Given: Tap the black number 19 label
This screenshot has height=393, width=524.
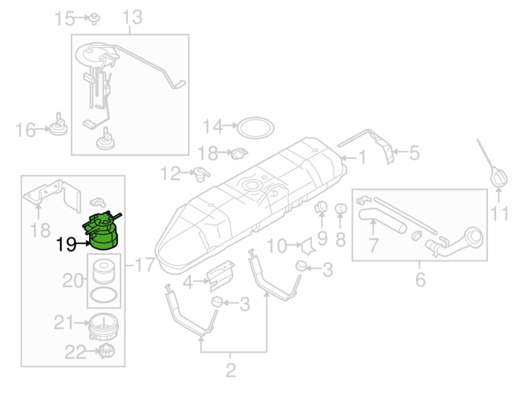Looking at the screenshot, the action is (x=67, y=245).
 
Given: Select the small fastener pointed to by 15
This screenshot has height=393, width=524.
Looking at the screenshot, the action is (x=95, y=19).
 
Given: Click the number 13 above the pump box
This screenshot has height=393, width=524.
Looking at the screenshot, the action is (x=133, y=17).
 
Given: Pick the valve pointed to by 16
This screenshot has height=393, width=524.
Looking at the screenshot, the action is (x=59, y=125).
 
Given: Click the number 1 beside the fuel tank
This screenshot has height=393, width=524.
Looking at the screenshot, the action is (x=362, y=157).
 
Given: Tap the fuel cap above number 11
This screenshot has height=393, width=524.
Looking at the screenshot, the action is (x=499, y=177).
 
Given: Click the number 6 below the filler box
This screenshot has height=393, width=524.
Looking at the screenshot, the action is (x=420, y=279).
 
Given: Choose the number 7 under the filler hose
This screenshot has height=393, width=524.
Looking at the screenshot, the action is (x=373, y=246).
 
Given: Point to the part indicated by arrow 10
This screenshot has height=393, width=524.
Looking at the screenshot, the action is (x=308, y=246).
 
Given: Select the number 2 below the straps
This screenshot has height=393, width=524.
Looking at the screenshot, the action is (x=231, y=370).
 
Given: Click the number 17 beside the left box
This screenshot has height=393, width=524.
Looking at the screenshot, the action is (x=145, y=265).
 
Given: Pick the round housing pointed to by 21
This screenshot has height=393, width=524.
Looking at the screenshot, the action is (x=104, y=326).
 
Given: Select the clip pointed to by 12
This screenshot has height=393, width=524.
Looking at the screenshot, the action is (x=202, y=173).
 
